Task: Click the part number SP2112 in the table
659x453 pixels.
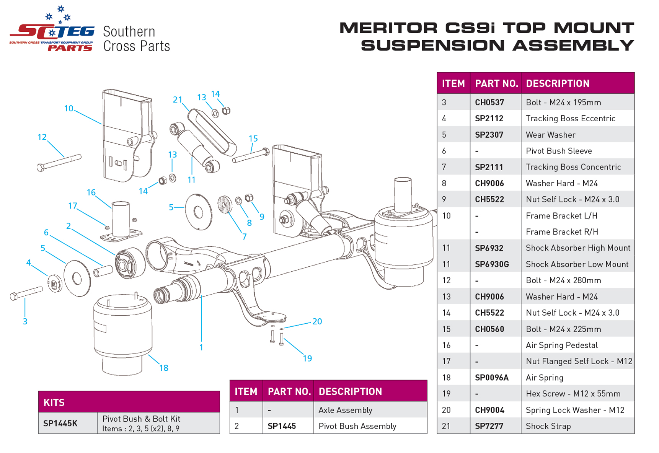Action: pos(489,119)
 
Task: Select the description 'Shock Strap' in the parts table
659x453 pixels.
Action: pos(548,426)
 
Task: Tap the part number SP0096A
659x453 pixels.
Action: pos(491,378)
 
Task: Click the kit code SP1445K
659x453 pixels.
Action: pos(60,423)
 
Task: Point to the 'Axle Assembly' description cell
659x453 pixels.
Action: pos(345,410)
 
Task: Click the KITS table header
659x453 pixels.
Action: pos(54,402)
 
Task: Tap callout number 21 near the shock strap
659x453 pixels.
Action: pos(177,100)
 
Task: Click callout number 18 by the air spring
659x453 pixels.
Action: pos(164,368)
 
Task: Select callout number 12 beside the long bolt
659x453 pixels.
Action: pos(42,137)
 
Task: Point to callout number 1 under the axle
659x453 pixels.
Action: pos(201,347)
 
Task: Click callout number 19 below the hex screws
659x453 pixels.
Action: pos(307,358)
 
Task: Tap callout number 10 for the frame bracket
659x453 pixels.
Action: pos(69,109)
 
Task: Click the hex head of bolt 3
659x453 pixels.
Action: pos(13,297)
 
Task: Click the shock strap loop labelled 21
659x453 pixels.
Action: pos(212,132)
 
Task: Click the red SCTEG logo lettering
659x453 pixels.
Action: pos(52,32)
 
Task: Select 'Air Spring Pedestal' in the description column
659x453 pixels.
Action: pos(561,345)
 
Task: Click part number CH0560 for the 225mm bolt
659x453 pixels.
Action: pos(489,329)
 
